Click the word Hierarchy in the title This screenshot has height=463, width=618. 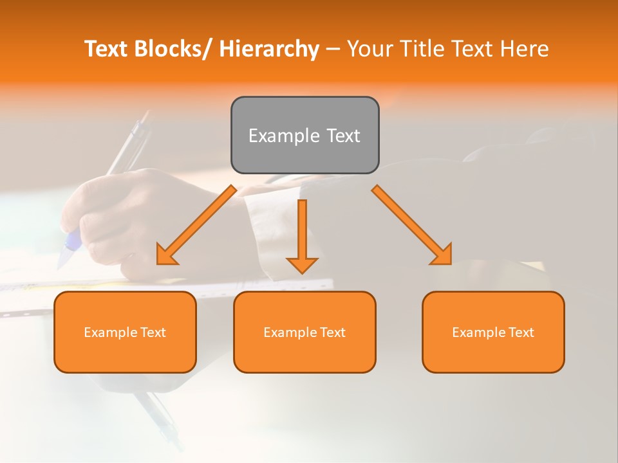click(268, 49)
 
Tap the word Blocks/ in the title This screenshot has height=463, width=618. click(171, 49)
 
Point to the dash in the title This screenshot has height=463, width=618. click(333, 50)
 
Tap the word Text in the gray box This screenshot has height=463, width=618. click(343, 136)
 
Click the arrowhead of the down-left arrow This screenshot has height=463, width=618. click(166, 255)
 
